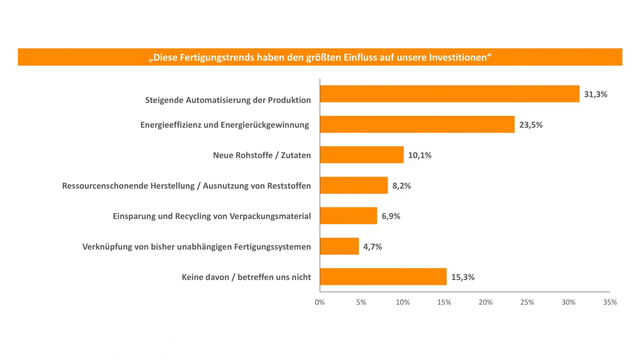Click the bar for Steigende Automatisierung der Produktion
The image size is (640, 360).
[x=449, y=94]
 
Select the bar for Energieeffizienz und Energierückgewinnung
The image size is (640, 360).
[x=417, y=124]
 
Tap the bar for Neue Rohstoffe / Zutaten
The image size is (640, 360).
[x=362, y=155]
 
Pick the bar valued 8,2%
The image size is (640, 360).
[x=354, y=185]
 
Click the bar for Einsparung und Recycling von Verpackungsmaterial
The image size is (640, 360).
[x=348, y=216]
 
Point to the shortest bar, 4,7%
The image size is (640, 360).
[x=339, y=246]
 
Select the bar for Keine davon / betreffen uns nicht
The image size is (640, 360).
[x=383, y=277]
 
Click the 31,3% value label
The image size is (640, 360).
[x=595, y=94]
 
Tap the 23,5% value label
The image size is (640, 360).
[x=531, y=125]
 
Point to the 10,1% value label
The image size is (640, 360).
[x=420, y=155]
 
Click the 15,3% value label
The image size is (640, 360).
[x=463, y=277]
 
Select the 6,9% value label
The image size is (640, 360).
[x=391, y=216]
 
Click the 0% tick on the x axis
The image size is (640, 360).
[x=320, y=302]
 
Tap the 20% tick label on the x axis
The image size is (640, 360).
[x=485, y=302]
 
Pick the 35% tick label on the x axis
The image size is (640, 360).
[x=610, y=302]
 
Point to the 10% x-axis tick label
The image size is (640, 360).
[x=403, y=302]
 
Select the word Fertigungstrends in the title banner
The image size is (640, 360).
[x=213, y=57]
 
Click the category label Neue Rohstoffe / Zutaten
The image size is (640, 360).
[x=262, y=155]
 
